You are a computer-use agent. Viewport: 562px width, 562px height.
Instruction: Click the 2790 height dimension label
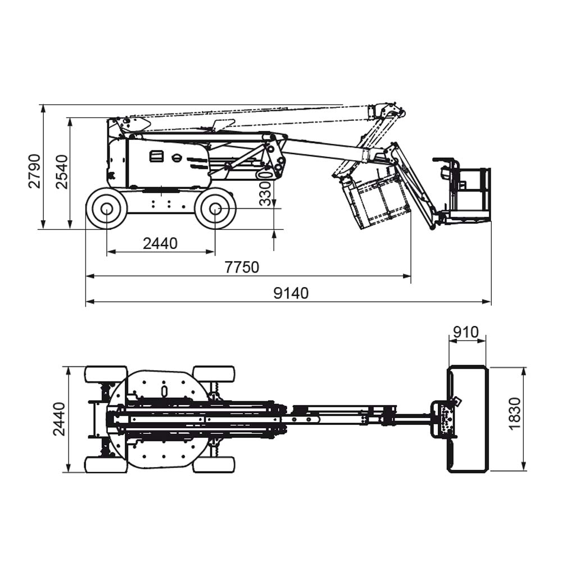click(34, 171)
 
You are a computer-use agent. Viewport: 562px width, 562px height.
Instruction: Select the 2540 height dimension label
click(62, 172)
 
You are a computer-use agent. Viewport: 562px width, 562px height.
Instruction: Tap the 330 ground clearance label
click(265, 194)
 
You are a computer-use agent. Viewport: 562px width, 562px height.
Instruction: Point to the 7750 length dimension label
click(242, 268)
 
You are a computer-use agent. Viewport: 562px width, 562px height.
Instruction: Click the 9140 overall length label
click(291, 293)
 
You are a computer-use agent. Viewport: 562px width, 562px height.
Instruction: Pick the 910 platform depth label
click(465, 332)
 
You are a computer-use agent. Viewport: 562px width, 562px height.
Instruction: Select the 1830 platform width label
click(514, 413)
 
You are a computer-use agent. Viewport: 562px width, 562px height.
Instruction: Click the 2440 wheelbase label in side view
click(160, 244)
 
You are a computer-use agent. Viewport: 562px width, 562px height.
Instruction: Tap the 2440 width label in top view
click(60, 419)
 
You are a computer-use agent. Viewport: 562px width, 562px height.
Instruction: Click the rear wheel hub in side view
click(107, 209)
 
